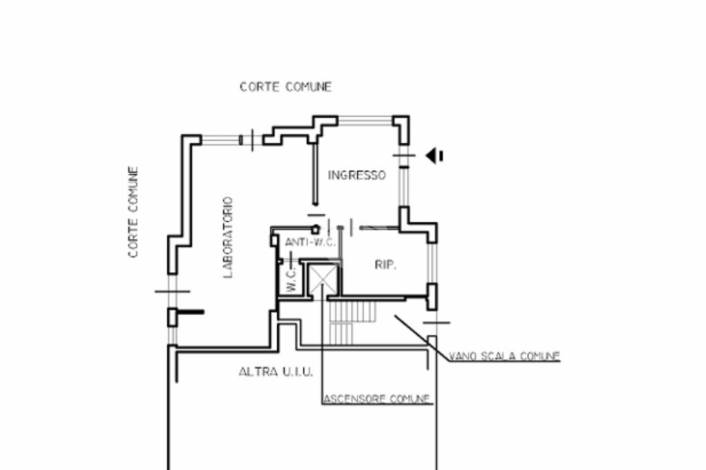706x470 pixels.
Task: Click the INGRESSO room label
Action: click(x=356, y=175)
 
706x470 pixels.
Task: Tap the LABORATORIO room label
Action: click(x=228, y=238)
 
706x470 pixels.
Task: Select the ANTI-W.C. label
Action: click(x=310, y=242)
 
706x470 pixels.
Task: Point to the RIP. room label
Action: click(x=385, y=264)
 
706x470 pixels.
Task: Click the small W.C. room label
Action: click(x=291, y=278)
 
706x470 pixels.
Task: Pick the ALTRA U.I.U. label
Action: click(x=276, y=372)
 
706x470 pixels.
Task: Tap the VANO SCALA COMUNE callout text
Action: click(x=504, y=356)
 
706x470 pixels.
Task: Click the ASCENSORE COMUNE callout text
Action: click(x=377, y=399)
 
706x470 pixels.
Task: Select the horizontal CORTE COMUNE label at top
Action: click(x=285, y=87)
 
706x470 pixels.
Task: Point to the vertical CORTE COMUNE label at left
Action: click(x=134, y=212)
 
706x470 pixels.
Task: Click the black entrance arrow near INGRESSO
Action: click(x=434, y=156)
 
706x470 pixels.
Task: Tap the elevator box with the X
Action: click(x=321, y=278)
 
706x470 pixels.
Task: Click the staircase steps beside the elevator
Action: click(x=352, y=320)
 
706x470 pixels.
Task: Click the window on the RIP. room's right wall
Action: click(x=432, y=262)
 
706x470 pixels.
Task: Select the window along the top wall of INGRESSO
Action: click(x=365, y=119)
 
